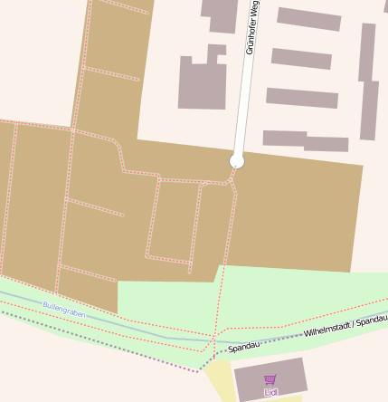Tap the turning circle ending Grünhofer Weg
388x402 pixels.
click(x=237, y=161)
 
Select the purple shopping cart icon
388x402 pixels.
click(x=270, y=379)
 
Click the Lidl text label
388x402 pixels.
click(x=270, y=392)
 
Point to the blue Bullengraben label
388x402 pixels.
click(x=63, y=309)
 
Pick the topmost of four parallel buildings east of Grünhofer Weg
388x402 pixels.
click(x=308, y=19)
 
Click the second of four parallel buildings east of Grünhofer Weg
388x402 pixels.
click(x=301, y=59)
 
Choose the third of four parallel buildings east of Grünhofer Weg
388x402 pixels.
click(x=301, y=98)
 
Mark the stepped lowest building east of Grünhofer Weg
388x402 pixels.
click(x=305, y=140)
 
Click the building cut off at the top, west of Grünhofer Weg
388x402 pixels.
click(x=220, y=14)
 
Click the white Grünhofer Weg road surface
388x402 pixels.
click(x=244, y=91)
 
